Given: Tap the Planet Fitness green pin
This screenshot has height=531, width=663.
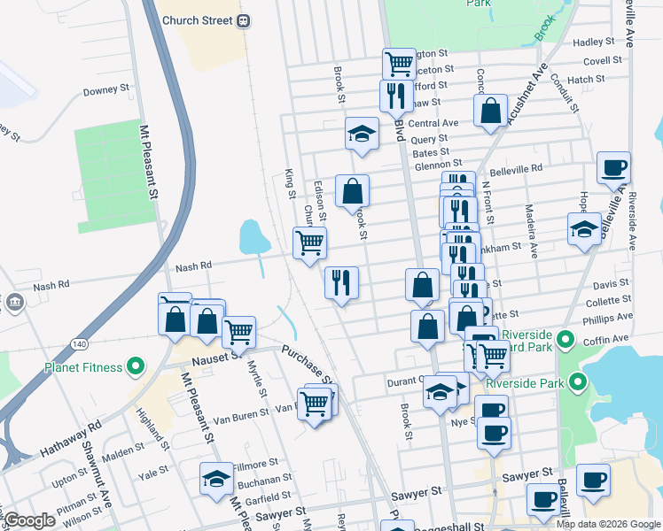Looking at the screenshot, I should pyautogui.click(x=136, y=364).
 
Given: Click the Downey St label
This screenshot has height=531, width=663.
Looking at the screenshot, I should pyautogui.click(x=106, y=91).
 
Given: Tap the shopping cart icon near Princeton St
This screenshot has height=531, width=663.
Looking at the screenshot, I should pyautogui.click(x=399, y=63).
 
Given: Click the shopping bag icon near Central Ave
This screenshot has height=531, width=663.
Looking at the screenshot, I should pyautogui.click(x=490, y=112).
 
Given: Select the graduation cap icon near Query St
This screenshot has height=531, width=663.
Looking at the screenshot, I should pyautogui.click(x=361, y=135).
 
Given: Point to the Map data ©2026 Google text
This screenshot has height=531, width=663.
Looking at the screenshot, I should pyautogui.click(x=607, y=524).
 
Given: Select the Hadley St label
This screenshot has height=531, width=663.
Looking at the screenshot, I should pyautogui.click(x=594, y=42).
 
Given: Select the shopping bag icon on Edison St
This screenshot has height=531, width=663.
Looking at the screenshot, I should pyautogui.click(x=352, y=190).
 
